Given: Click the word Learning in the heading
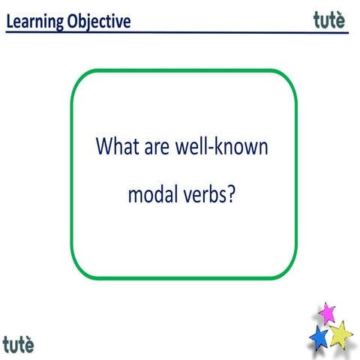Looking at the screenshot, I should pyautogui.click(x=34, y=22).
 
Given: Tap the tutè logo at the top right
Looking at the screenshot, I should pyautogui.click(x=330, y=20).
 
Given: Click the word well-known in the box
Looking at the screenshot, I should pyautogui.click(x=224, y=145).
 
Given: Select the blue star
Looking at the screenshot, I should pyautogui.click(x=318, y=336).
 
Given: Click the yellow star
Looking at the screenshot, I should pyautogui.click(x=341, y=333).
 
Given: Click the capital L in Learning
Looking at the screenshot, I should pyautogui.click(x=10, y=22).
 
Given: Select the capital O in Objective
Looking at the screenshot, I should pyautogui.click(x=70, y=22).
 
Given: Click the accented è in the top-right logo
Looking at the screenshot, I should pyautogui.click(x=341, y=20).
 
